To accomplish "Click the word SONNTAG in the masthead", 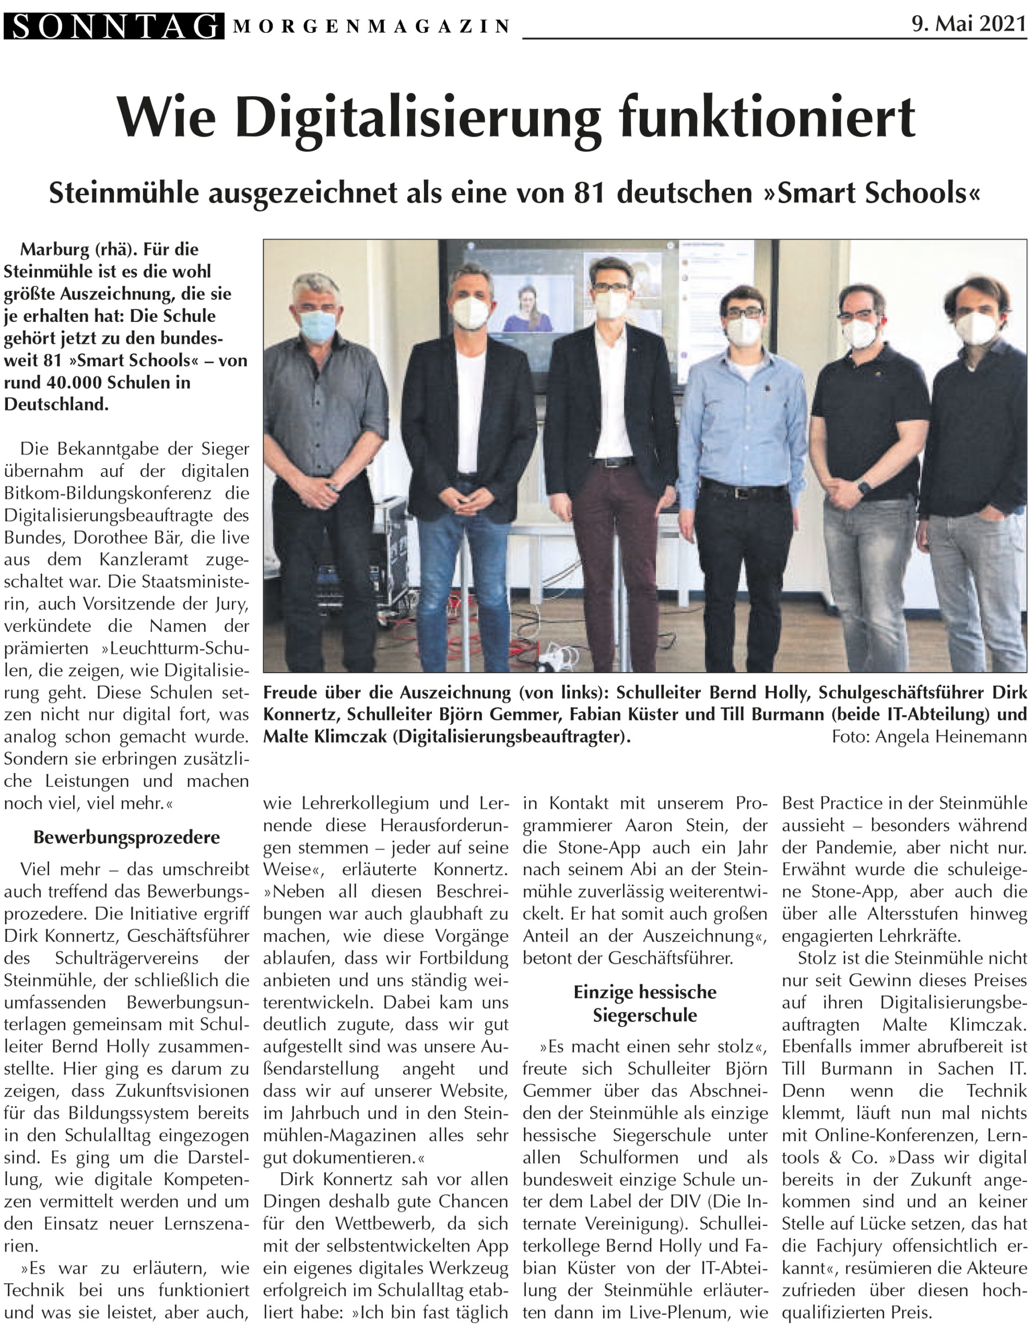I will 114,26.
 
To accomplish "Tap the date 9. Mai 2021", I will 968,24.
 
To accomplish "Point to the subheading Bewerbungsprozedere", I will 127,837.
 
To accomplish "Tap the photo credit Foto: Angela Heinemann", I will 928,736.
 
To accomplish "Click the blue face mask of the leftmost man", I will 317,326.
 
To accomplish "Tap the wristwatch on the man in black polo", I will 864,487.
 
